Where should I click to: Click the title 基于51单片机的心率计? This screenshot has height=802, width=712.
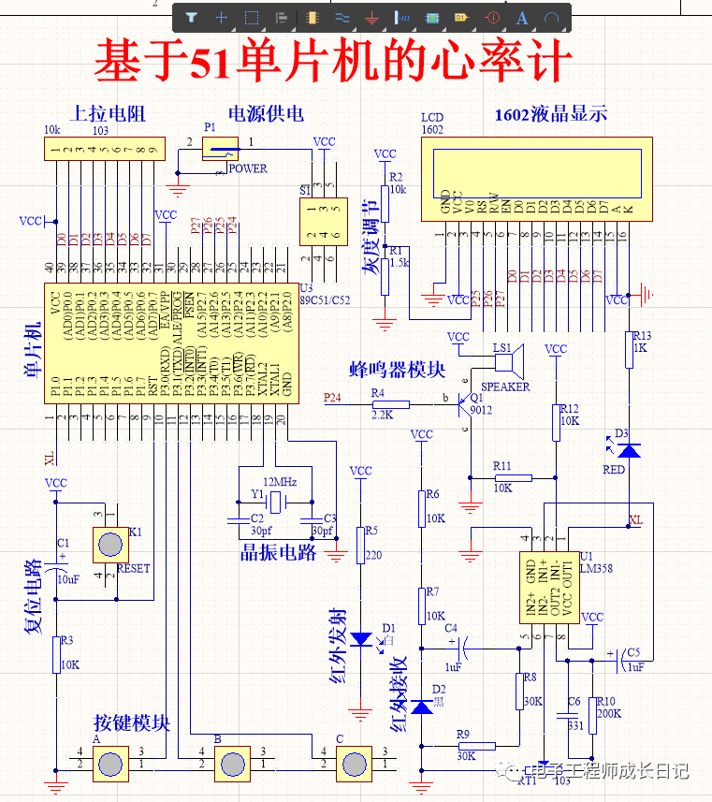tap(332, 62)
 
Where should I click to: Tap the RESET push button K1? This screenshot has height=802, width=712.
tap(110, 545)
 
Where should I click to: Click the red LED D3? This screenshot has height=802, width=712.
tap(632, 450)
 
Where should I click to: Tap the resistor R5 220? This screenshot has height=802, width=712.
tap(360, 545)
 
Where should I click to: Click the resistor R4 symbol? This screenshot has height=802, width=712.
tap(390, 405)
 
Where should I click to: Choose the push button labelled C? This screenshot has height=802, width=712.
tap(354, 765)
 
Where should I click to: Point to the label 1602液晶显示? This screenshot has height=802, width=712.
tap(551, 114)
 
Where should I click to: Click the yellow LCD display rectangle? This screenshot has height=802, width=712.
tap(536, 168)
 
